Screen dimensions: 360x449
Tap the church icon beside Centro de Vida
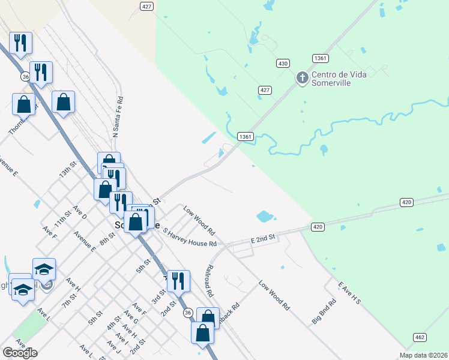tap(303, 77)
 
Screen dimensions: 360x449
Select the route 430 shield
tap(283, 63)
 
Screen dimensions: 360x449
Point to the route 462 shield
tap(420, 338)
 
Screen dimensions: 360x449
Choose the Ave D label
tap(80, 212)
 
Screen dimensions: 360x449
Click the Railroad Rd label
tap(209, 280)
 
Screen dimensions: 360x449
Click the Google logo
tap(20, 353)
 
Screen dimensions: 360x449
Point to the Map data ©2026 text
tap(423, 355)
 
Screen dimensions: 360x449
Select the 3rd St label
tap(157, 296)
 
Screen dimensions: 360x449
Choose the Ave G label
tap(131, 318)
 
